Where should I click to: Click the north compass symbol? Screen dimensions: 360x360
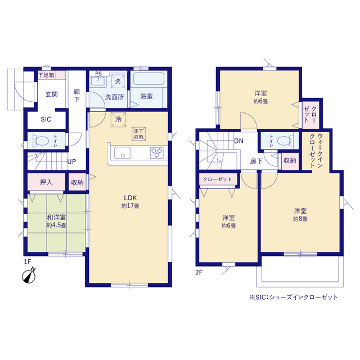point(29,276)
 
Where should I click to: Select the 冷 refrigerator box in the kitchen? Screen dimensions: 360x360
point(119,119)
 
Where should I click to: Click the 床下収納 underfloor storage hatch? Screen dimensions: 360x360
point(139,134)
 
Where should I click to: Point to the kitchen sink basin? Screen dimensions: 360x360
point(123,152)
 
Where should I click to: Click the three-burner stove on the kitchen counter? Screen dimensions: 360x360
point(157,153)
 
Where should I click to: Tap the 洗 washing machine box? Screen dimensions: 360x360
point(118,81)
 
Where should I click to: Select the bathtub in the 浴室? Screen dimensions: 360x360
point(148,79)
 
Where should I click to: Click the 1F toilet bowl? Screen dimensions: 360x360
point(42,141)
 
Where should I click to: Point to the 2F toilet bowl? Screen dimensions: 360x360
point(283,141)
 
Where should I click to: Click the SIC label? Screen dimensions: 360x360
point(46,119)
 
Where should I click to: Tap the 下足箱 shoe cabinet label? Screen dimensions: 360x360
point(46,75)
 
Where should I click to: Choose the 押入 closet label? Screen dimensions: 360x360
point(46,182)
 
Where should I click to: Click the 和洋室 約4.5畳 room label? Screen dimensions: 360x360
point(56,221)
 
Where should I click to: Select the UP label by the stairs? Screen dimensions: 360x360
point(71,161)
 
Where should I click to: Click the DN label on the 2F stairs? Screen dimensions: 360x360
point(238,141)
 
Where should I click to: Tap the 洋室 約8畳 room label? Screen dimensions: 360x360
point(300,215)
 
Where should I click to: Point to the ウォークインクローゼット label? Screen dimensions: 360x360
point(316,151)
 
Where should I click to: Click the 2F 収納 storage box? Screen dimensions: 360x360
point(290,161)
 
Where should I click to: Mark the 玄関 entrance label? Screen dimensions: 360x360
point(51,94)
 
